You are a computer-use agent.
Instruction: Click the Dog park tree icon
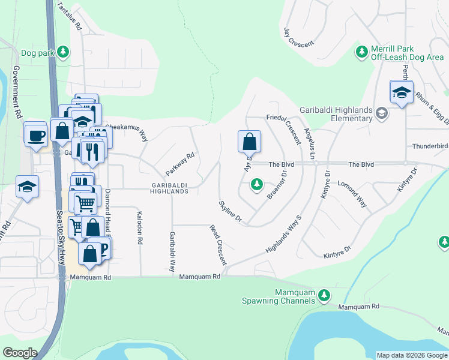[x=62, y=53]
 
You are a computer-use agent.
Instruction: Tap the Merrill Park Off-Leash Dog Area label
[x=407, y=52]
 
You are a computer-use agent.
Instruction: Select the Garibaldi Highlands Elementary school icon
[x=381, y=113]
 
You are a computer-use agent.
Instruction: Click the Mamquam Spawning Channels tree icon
[x=324, y=295]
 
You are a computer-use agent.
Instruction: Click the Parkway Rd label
[x=182, y=163]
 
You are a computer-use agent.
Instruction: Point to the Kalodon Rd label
[x=139, y=227]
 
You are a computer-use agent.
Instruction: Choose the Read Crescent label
[x=218, y=245]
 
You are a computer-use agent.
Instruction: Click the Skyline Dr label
[x=229, y=211]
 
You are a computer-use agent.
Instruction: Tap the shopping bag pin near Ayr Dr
[x=249, y=142]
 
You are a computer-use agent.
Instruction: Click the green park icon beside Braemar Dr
[x=257, y=184]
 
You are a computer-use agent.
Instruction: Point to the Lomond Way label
[x=352, y=195]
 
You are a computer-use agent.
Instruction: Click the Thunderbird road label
[x=430, y=146]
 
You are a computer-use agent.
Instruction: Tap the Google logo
[x=20, y=353]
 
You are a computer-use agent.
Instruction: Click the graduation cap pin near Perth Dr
[x=401, y=92]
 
